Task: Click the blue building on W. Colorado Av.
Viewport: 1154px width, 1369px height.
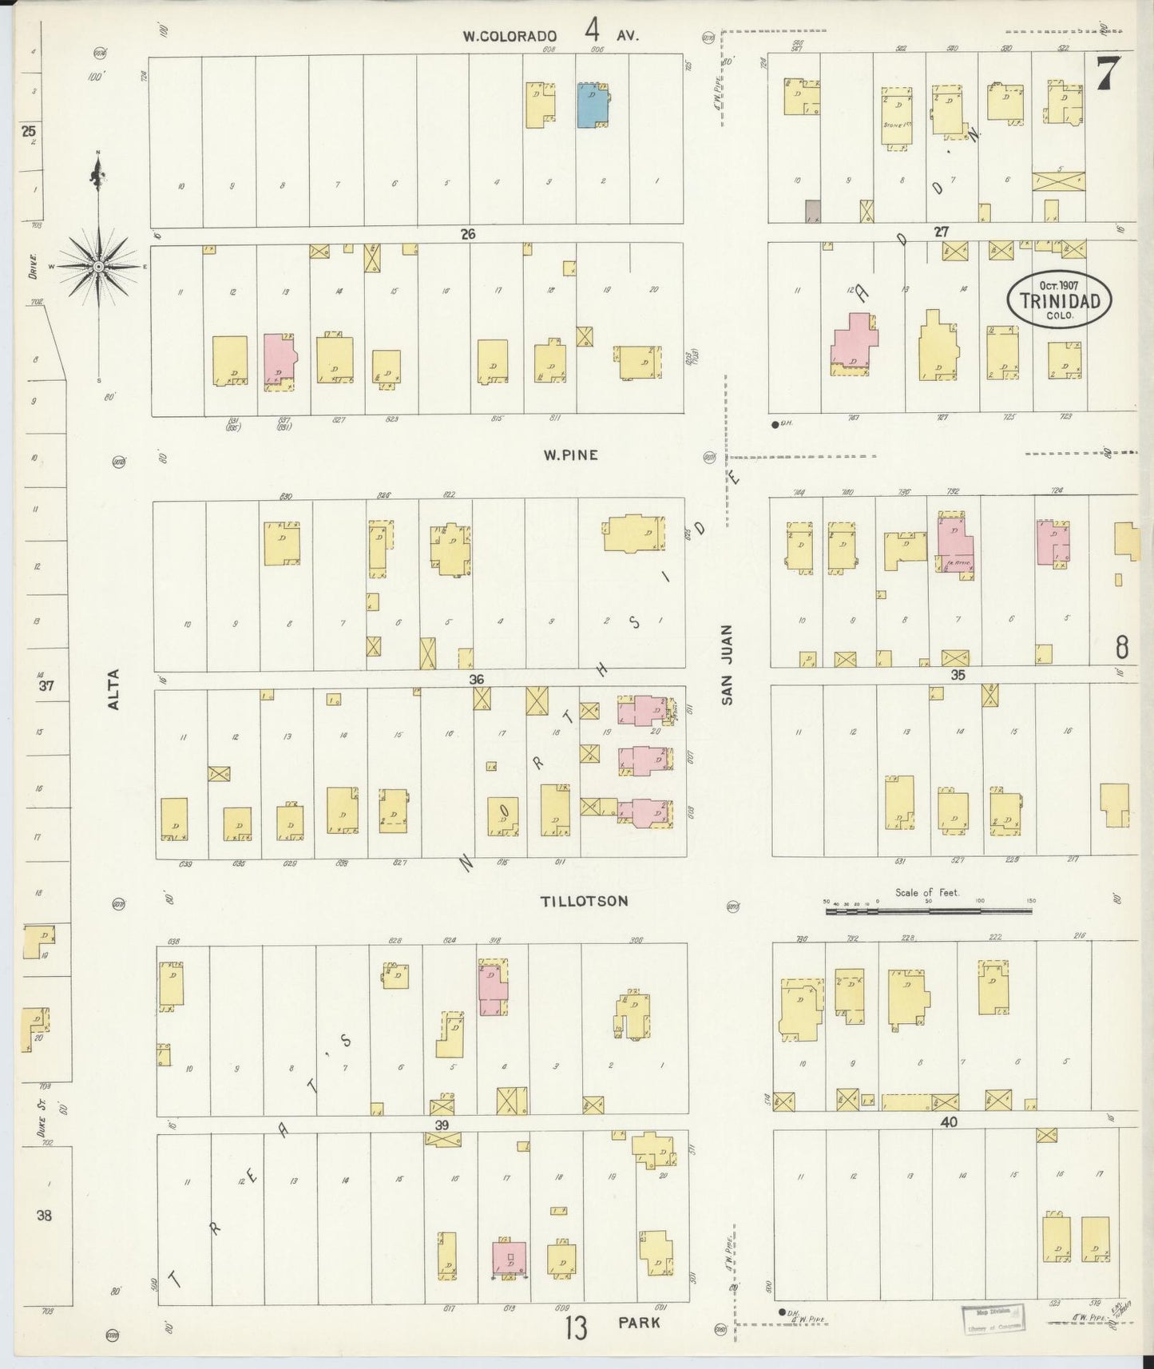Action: point(592,105)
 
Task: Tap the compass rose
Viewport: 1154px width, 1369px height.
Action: point(97,266)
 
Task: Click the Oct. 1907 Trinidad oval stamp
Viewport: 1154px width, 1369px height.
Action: point(1059,301)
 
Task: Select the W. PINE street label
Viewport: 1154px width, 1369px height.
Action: point(570,455)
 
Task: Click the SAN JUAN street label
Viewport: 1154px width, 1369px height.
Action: point(727,675)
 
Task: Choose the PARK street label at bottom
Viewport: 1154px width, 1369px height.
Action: point(638,1323)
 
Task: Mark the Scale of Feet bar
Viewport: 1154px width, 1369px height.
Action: point(928,909)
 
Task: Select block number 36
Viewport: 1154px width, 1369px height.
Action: point(476,679)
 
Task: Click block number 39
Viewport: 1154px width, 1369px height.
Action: point(442,1125)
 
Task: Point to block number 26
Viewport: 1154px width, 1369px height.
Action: point(467,234)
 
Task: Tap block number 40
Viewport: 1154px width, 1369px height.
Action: point(948,1122)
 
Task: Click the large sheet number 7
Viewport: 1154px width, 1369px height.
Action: point(1106,74)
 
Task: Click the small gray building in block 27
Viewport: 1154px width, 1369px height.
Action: point(812,211)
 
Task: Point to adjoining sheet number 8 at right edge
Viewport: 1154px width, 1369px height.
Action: point(1121,648)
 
